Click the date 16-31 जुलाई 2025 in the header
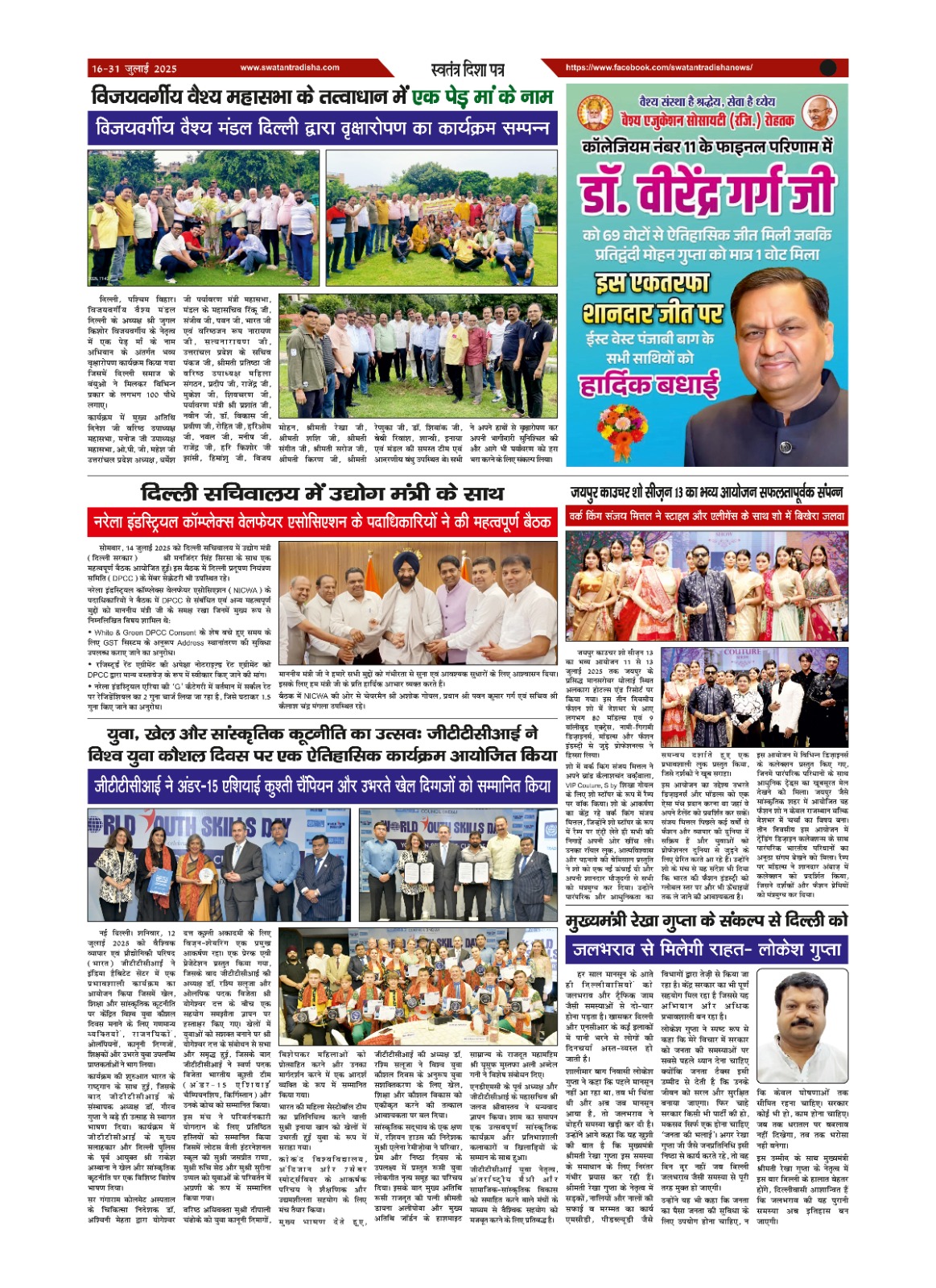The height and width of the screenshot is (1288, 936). (x=134, y=68)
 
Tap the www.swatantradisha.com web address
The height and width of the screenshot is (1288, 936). (x=289, y=68)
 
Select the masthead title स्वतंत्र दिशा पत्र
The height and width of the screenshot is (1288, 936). (x=468, y=69)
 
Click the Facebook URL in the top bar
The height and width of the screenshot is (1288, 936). (x=658, y=68)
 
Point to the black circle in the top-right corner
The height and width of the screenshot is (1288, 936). (x=828, y=68)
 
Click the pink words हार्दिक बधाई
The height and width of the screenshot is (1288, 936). (x=649, y=385)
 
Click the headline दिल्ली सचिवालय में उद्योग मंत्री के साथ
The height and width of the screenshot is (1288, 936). (x=322, y=493)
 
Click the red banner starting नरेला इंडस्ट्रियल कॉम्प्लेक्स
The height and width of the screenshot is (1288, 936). (x=322, y=522)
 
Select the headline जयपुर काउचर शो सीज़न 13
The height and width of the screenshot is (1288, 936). (x=706, y=492)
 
